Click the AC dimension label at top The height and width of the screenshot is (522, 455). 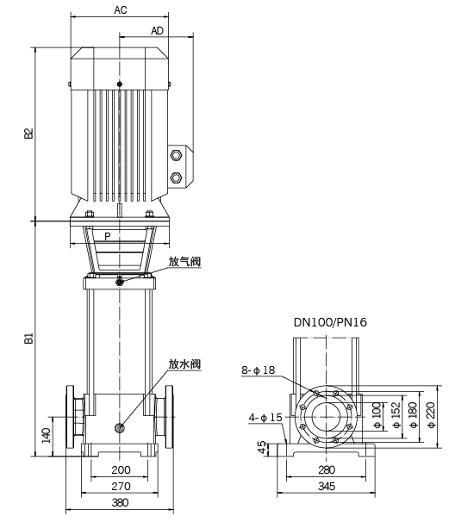[x=121, y=10]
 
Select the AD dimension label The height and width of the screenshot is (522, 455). [x=157, y=31]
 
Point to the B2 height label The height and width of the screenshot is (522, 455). [x=29, y=134]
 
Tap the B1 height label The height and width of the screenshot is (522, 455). [x=29, y=339]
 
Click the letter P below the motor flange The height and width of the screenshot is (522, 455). [x=107, y=236]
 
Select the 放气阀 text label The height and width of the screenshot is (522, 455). [x=184, y=262]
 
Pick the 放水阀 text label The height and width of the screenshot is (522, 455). [x=184, y=364]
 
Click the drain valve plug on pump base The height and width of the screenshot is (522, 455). [x=119, y=428]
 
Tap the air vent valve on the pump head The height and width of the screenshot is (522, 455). [x=120, y=283]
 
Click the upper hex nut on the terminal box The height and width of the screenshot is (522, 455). [x=176, y=155]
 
